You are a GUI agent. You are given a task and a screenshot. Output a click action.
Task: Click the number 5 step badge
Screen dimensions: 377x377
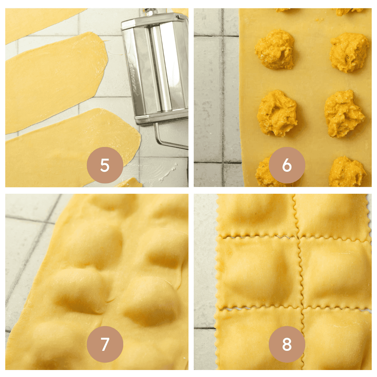[x=105, y=165]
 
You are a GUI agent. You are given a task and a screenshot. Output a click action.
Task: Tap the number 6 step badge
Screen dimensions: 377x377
[x=287, y=165]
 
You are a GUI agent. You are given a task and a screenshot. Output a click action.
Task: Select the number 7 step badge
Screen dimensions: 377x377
[x=105, y=344]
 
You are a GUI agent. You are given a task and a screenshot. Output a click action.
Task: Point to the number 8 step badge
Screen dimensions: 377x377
[x=287, y=344]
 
